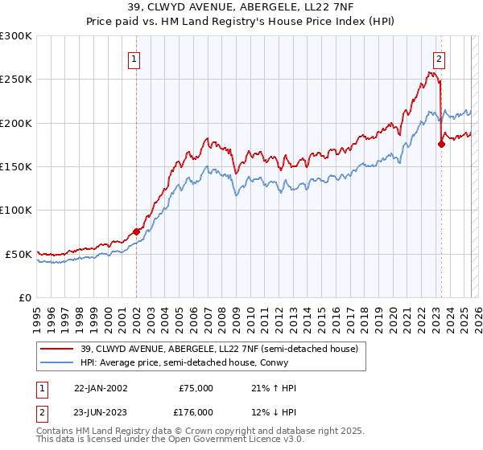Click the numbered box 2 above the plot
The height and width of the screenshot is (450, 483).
coord(439,58)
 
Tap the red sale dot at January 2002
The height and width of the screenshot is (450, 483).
coord(136,231)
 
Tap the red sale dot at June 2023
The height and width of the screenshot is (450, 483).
coord(441,145)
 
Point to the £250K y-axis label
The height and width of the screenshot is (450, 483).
coord(16,80)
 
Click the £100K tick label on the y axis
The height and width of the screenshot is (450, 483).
coord(16,210)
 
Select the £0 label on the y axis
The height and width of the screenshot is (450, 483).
coord(24,297)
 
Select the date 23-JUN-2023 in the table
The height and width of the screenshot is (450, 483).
coord(100,411)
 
